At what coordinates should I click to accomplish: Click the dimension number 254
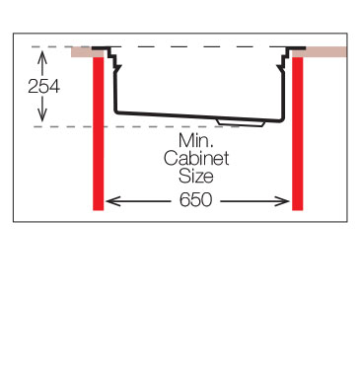pyautogui.click(x=43, y=87)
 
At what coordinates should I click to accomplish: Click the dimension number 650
pyautogui.click(x=196, y=200)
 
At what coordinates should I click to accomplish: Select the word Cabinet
pyautogui.click(x=196, y=159)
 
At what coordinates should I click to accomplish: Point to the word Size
pyautogui.click(x=196, y=176)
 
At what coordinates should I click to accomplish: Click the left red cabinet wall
pyautogui.click(x=99, y=133)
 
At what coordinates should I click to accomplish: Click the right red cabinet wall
pyautogui.click(x=298, y=133)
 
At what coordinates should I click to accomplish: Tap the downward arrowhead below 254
pyautogui.click(x=42, y=115)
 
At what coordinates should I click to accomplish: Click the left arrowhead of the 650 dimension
pyautogui.click(x=112, y=201)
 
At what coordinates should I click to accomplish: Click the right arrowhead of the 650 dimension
pyautogui.click(x=283, y=201)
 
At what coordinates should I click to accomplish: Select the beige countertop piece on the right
pyautogui.click(x=320, y=52)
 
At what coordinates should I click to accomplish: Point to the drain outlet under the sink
pyautogui.click(x=241, y=122)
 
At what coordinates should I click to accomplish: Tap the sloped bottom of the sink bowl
pyautogui.click(x=199, y=115)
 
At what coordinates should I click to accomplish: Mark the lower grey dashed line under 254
pyautogui.click(x=136, y=126)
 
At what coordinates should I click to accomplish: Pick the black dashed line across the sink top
pyautogui.click(x=196, y=47)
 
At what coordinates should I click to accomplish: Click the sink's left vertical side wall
pyautogui.click(x=115, y=92)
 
